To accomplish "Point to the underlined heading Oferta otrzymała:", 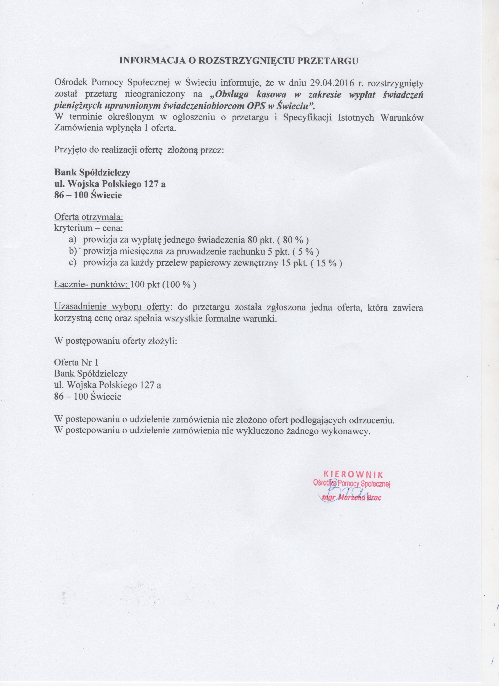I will click(x=89, y=217).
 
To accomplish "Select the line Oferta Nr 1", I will click(x=76, y=362).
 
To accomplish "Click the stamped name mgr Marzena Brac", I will click(x=351, y=498).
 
